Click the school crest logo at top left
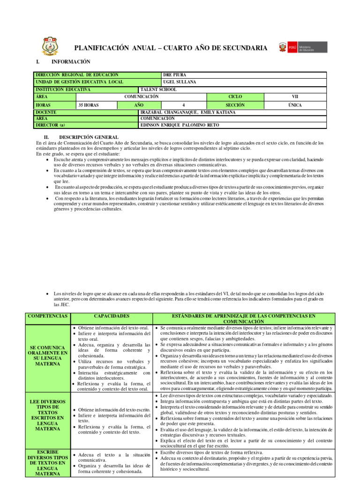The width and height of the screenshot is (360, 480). tap(50, 47)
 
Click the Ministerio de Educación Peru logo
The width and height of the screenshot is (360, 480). tap(302, 47)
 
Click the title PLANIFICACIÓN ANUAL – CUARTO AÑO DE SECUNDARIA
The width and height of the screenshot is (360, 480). tap(171, 48)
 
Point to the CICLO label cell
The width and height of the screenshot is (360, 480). tap(235, 96)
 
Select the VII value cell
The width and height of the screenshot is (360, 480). tap(295, 96)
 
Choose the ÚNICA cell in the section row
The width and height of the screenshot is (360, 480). tap(295, 105)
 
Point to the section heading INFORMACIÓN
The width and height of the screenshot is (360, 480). tap(71, 62)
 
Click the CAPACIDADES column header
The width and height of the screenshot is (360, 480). tap(112, 317)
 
